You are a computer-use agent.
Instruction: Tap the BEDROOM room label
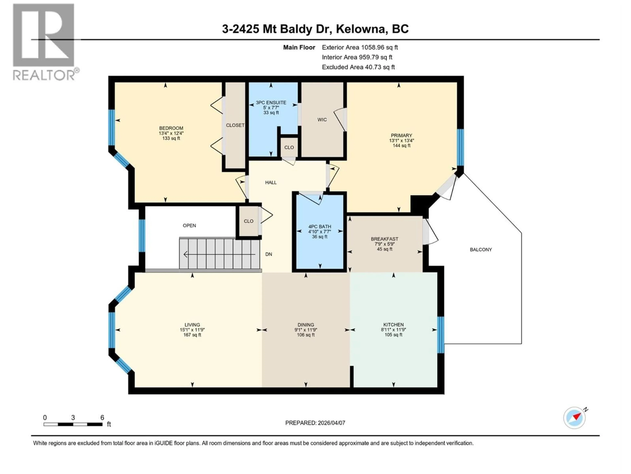pyautogui.click(x=171, y=128)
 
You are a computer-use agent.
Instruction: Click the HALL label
pyautogui.click(x=271, y=183)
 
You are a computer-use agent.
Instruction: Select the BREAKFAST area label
pyautogui.click(x=384, y=239)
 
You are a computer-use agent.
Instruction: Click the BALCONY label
pyautogui.click(x=481, y=250)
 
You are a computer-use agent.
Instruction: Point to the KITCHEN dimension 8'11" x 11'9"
pyautogui.click(x=393, y=329)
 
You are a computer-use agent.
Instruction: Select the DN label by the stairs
pyautogui.click(x=269, y=254)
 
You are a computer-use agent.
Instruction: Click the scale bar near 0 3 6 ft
pyautogui.click(x=73, y=424)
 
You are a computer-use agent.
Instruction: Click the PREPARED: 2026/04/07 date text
pyautogui.click(x=315, y=423)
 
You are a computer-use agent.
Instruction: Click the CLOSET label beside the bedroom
pyautogui.click(x=235, y=125)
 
